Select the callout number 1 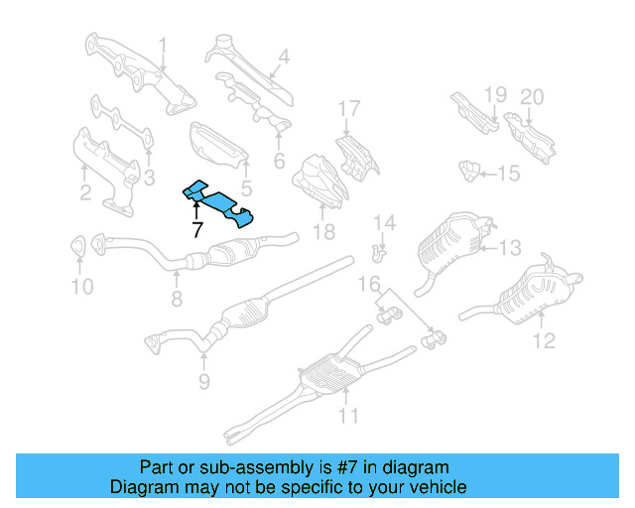(163, 44)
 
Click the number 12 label (544, 342)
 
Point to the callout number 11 (346, 417)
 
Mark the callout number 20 (533, 96)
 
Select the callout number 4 (284, 58)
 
